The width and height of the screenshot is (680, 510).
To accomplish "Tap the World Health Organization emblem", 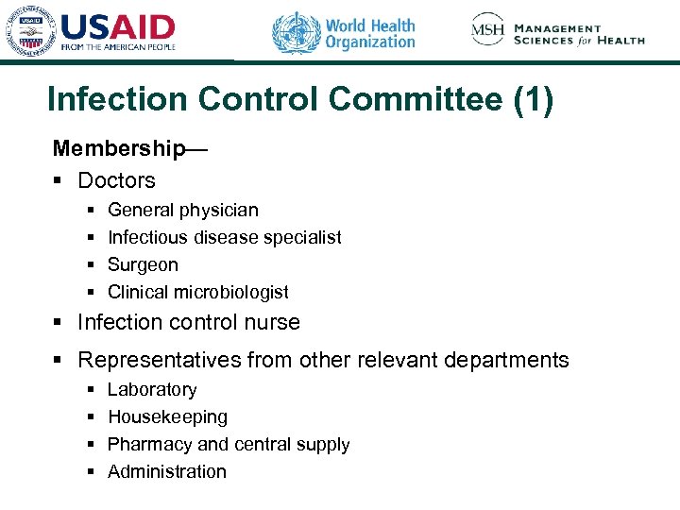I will click(296, 32).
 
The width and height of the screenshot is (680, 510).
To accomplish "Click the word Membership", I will click(119, 148).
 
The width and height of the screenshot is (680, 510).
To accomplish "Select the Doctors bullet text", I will click(116, 179).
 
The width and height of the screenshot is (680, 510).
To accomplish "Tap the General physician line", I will click(182, 210).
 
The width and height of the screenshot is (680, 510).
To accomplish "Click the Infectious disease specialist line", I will click(224, 237).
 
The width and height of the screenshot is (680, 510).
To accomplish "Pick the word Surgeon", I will click(143, 264).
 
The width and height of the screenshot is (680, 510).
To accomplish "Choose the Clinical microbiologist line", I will click(197, 292).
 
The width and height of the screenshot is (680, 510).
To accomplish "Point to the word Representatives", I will click(160, 360).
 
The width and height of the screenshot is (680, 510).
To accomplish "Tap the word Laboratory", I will click(152, 389).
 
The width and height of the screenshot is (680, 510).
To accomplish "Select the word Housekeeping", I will click(167, 416).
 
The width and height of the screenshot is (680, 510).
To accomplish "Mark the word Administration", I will click(167, 471).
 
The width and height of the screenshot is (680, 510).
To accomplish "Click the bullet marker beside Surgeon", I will click(90, 264).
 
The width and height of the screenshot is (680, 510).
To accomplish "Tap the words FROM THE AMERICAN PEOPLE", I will click(118, 45).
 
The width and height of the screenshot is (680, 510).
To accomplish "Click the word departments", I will click(509, 360).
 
